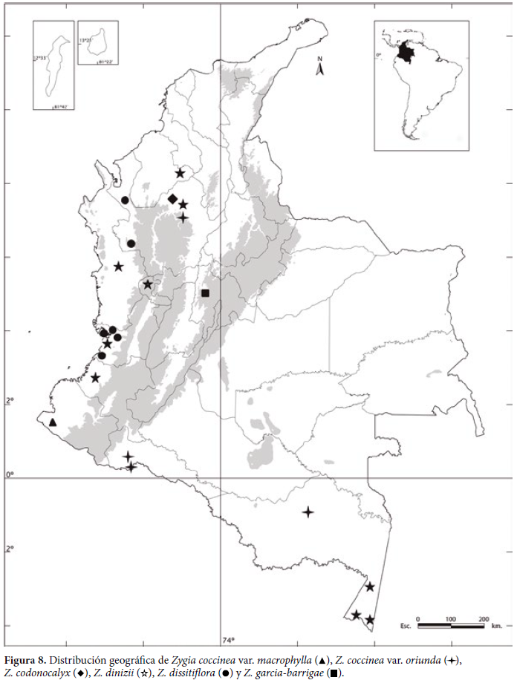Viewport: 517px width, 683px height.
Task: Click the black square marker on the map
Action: pyautogui.click(x=206, y=293)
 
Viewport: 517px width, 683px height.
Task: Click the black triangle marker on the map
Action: pyautogui.click(x=53, y=422)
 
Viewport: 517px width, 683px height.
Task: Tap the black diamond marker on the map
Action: pyautogui.click(x=173, y=199)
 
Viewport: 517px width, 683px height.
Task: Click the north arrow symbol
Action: pyautogui.click(x=319, y=69)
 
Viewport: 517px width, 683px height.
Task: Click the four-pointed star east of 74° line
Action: pyautogui.click(x=308, y=512)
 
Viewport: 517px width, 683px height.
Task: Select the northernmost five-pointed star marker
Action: pyautogui.click(x=181, y=173)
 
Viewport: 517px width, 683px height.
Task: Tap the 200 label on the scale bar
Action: pyautogui.click(x=484, y=618)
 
